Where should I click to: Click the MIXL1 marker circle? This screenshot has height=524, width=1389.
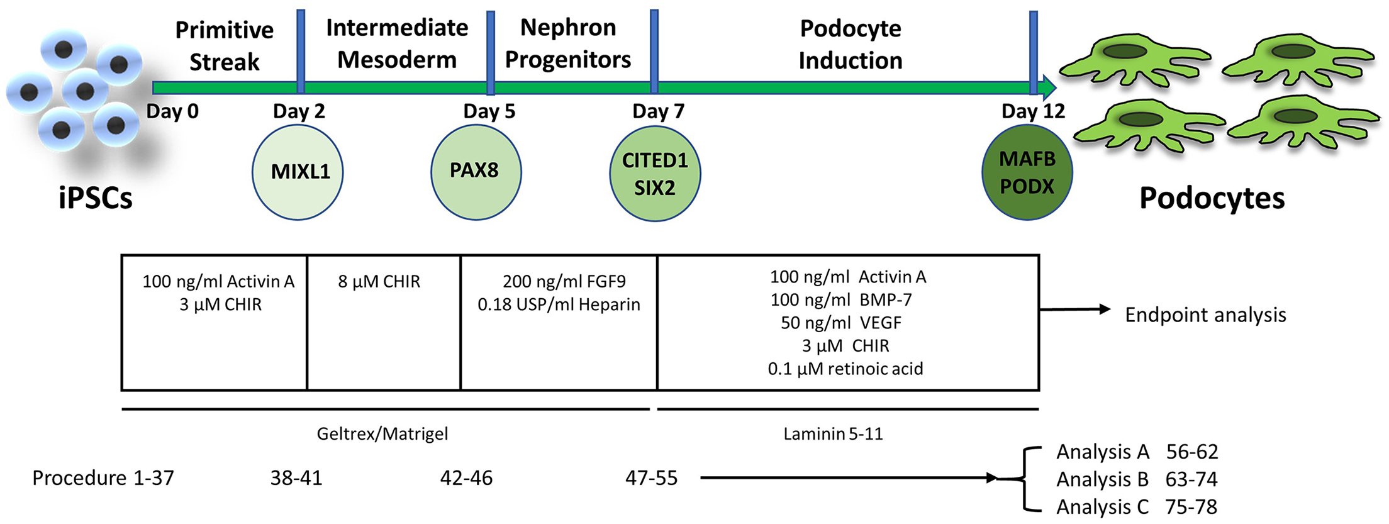[298, 172]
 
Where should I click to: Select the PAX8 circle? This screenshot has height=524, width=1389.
[476, 171]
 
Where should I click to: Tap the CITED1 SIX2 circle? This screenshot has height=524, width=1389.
[655, 174]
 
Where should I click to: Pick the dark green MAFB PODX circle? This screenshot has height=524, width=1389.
[1027, 172]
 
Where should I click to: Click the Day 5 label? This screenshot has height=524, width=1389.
[489, 111]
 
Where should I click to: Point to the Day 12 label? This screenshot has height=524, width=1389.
[1033, 111]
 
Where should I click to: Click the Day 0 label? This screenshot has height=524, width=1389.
[172, 111]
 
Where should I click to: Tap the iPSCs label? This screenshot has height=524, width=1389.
[96, 198]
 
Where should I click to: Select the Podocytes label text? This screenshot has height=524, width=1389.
[1212, 198]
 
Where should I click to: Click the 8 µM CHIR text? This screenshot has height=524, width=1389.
[379, 281]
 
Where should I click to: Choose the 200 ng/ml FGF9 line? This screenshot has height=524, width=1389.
[564, 281]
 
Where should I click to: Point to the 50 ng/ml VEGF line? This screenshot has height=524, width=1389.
[840, 323]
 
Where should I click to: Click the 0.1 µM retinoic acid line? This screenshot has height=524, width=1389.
[845, 369]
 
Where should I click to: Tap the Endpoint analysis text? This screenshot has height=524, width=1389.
[1205, 315]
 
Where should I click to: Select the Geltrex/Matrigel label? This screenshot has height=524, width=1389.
[382, 433]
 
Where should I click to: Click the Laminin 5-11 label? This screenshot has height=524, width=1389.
[833, 433]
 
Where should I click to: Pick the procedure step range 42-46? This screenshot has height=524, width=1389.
[466, 478]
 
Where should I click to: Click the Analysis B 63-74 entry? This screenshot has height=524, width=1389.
[1136, 479]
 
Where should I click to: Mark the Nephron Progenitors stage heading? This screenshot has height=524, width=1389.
[567, 43]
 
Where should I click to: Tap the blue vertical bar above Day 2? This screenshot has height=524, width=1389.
[301, 50]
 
